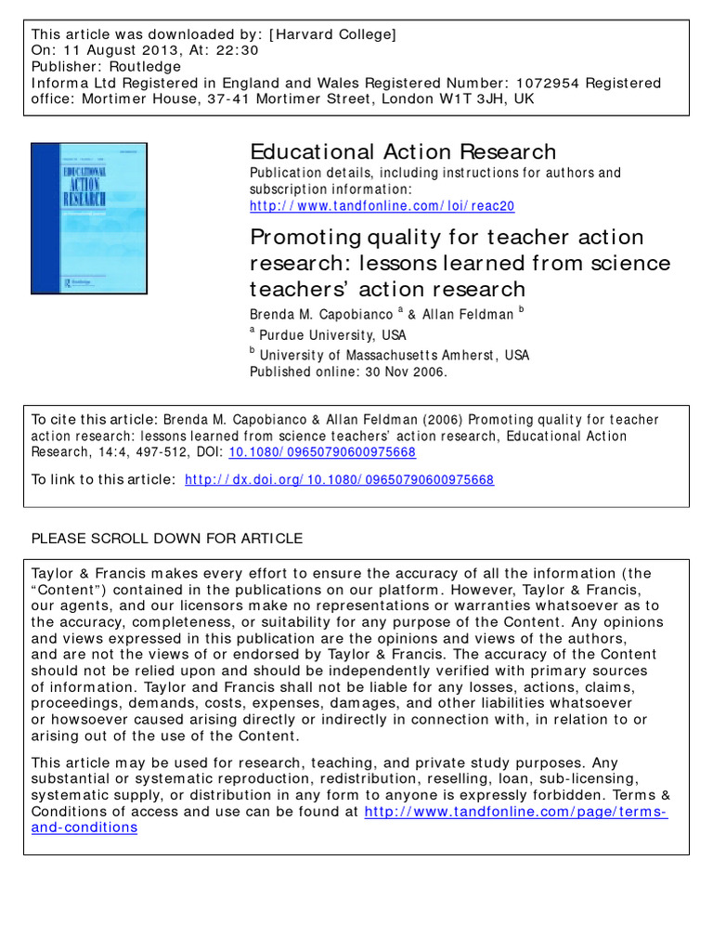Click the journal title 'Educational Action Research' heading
point(403,151)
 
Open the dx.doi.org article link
point(340,480)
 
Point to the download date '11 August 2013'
point(110,51)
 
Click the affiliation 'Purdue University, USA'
point(332,334)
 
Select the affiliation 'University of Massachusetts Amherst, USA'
point(395,355)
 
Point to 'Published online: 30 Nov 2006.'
point(348,371)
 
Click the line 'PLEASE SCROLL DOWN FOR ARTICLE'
point(167,539)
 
